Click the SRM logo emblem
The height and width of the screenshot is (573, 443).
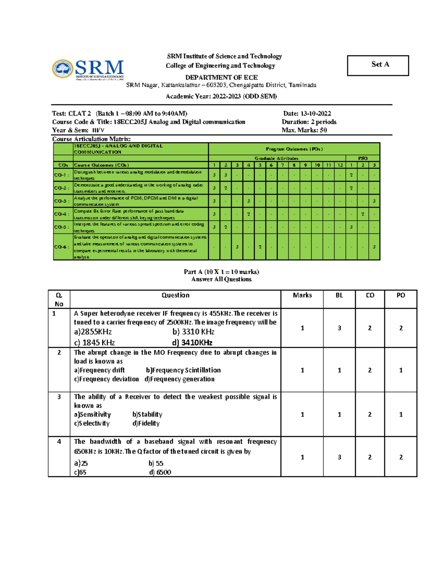pos(62,69)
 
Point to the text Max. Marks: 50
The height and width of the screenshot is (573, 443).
pos(304,130)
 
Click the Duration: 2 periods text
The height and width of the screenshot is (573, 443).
pos(309,122)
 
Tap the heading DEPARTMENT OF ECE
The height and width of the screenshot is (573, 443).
pos(221,77)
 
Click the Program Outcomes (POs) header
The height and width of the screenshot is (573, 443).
pos(294,149)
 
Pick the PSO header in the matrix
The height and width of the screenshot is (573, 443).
pos(363,158)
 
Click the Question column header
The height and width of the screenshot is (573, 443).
pos(175,295)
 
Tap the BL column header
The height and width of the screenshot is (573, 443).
pos(339,295)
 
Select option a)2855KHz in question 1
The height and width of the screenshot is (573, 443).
pos(93,332)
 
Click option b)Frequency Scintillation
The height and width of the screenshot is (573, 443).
pos(183,370)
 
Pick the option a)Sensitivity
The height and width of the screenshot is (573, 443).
pos(92,414)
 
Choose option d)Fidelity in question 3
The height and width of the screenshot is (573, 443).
pos(146,423)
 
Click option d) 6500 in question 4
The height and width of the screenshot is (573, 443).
pos(160,472)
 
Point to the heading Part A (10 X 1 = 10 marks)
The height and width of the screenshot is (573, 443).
pos(221,272)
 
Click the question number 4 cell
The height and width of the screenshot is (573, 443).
pos(59,442)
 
